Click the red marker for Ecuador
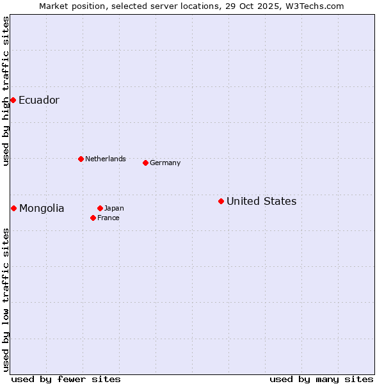point(13,100)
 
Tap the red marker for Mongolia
point(13,208)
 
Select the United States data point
point(221,201)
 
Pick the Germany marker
point(145,163)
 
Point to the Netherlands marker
point(81,159)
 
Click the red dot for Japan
point(100,208)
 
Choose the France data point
point(93,218)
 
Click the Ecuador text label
point(38,100)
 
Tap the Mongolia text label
point(42,208)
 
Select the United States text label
point(261,201)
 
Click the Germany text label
point(165,163)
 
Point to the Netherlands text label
point(106,159)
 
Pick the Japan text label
point(114,208)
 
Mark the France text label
point(108,218)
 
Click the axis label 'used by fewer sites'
point(66,379)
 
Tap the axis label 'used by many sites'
point(321,379)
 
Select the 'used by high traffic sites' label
point(6,91)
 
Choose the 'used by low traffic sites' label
point(6,300)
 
